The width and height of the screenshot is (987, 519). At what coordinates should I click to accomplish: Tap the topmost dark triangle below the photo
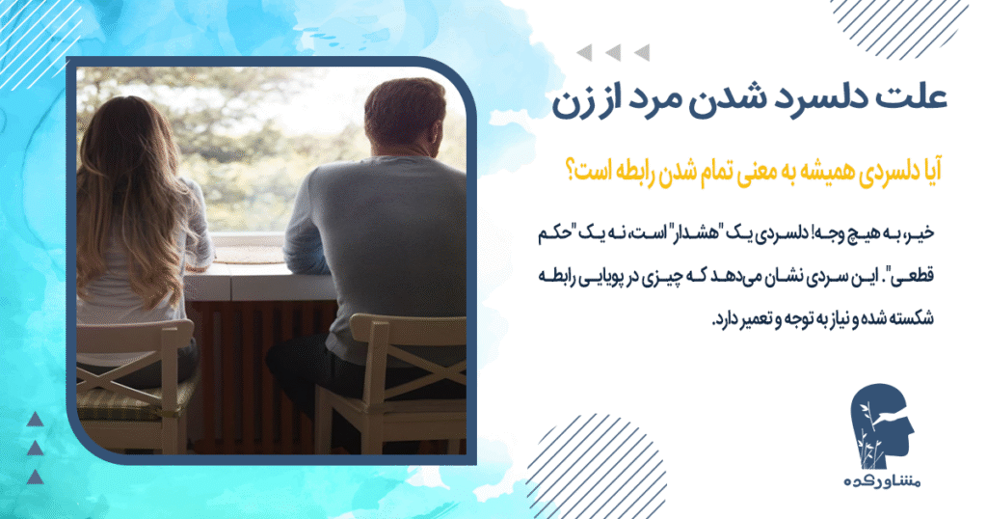(36, 418)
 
